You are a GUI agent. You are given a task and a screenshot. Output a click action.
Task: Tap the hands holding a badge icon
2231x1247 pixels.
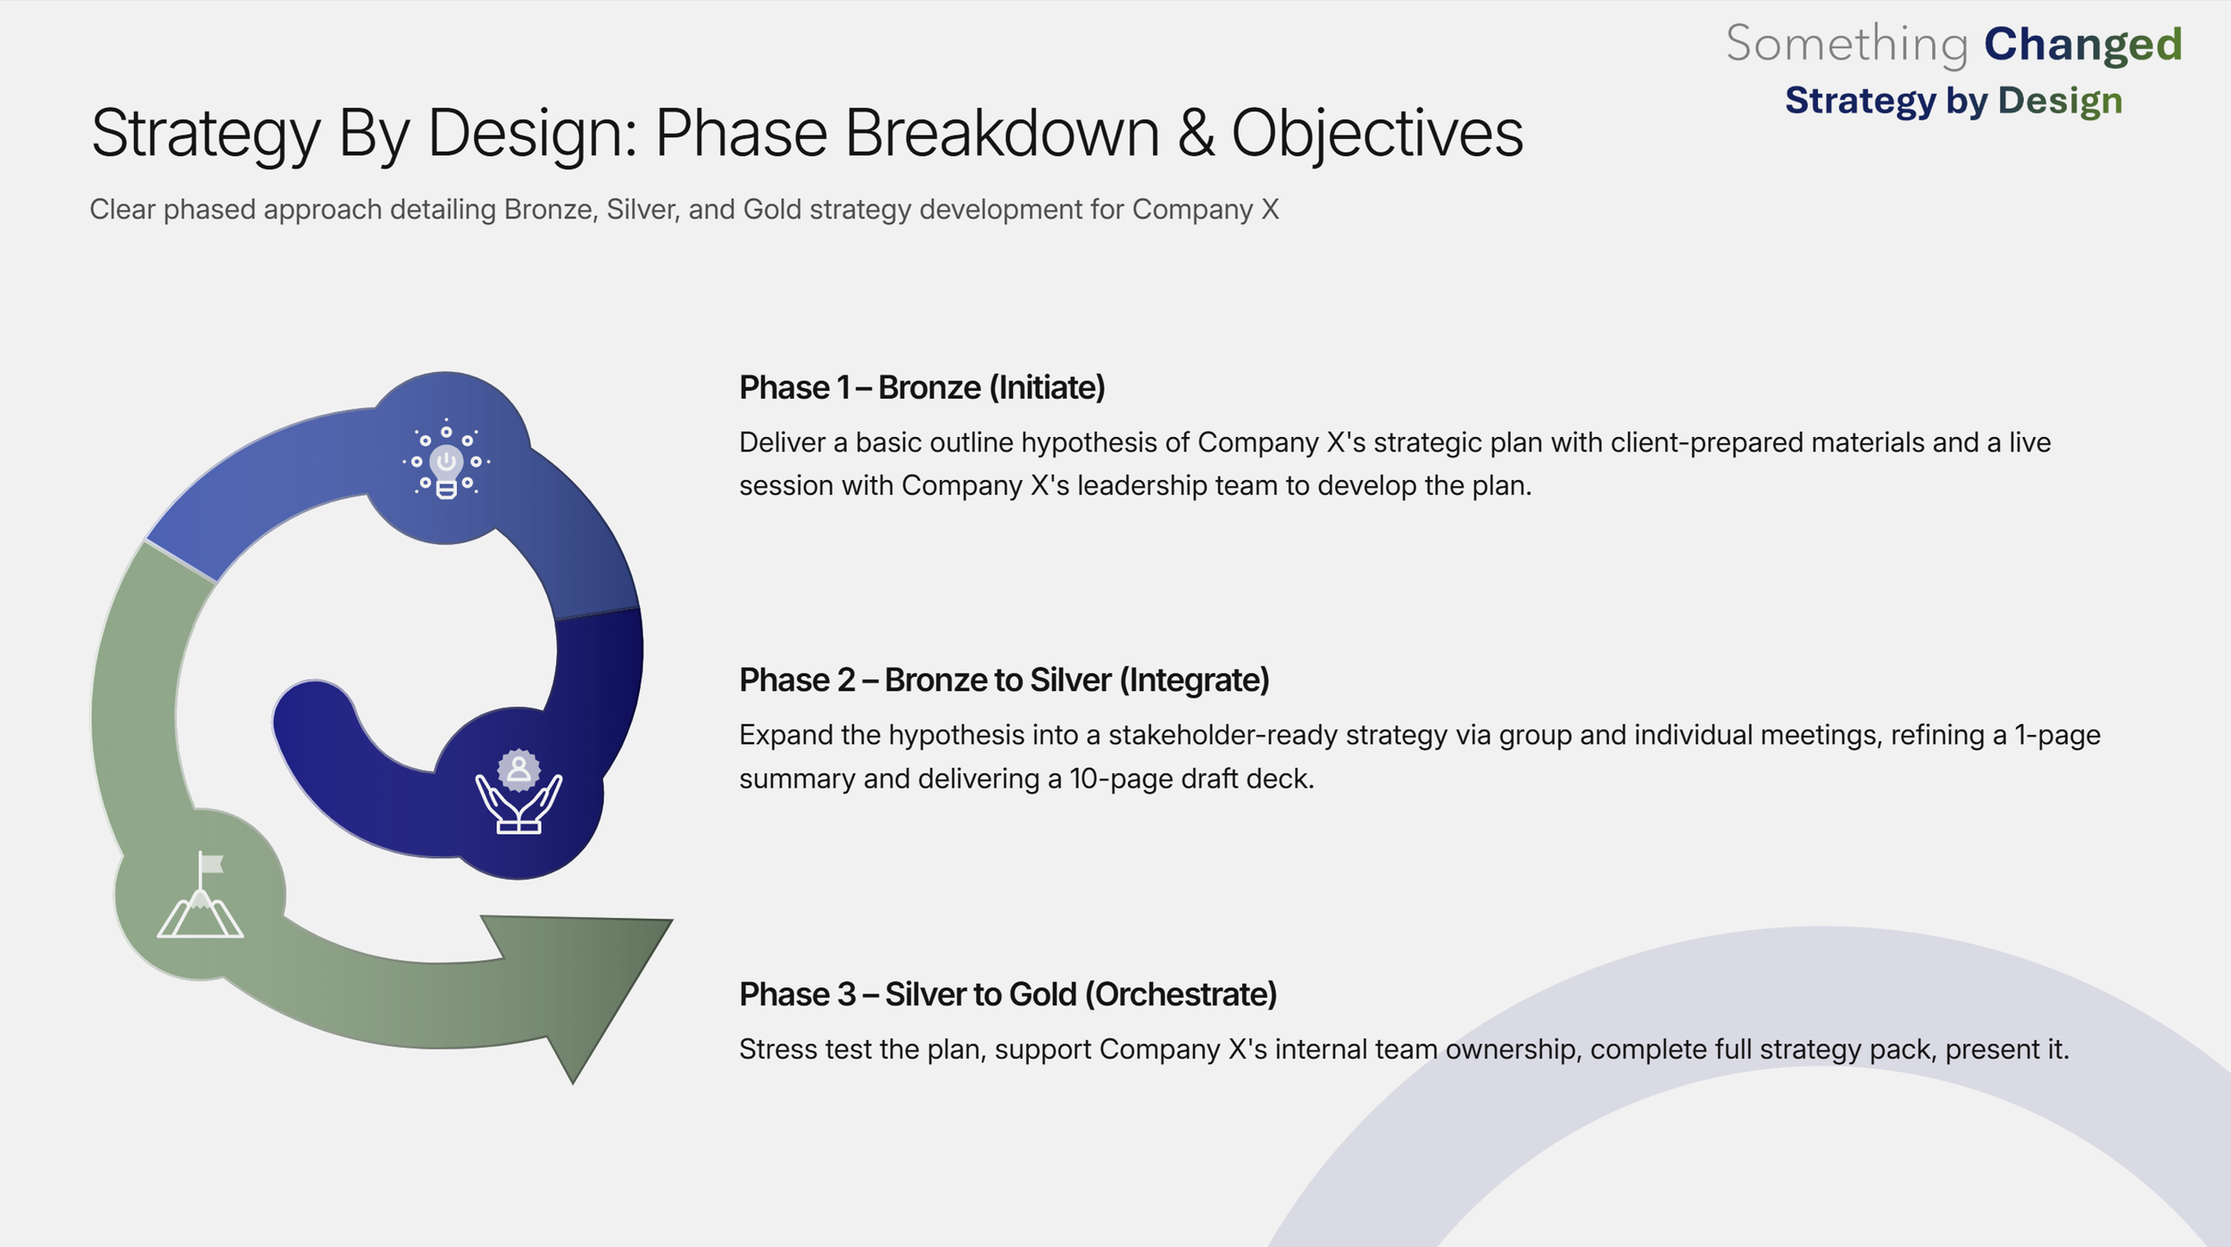click(518, 791)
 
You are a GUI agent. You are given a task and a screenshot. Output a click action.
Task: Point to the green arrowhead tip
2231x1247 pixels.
click(573, 1084)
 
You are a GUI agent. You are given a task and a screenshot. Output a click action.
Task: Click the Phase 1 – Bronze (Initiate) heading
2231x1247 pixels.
click(922, 388)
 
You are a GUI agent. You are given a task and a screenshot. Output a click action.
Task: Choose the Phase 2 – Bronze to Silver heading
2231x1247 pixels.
click(1004, 681)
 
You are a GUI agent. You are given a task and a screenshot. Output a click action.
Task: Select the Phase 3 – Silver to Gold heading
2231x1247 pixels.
click(1008, 995)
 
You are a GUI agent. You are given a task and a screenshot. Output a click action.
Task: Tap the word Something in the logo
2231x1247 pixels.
click(1846, 45)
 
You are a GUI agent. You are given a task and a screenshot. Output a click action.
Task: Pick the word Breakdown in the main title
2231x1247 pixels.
click(1000, 133)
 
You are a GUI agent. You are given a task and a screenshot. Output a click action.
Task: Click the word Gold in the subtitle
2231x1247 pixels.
click(766, 210)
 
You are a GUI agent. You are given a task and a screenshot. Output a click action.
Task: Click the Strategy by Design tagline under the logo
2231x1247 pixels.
click(1953, 101)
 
